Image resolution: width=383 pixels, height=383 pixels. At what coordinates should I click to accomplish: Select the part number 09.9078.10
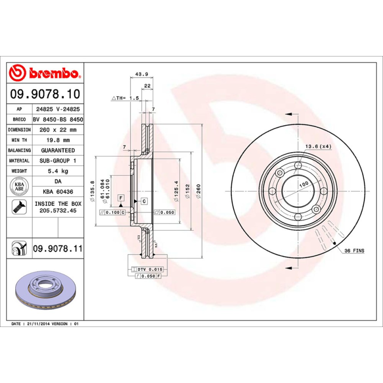coord(45,93)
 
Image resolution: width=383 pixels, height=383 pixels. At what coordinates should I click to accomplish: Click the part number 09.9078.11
coord(58,249)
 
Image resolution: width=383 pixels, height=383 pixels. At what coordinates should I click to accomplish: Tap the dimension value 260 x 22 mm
coord(57,130)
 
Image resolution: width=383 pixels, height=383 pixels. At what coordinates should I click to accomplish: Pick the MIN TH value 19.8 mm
coord(57,140)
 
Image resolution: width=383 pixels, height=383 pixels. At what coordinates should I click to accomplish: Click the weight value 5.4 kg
coord(57,171)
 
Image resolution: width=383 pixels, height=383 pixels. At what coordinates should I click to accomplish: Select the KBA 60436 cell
coord(57,191)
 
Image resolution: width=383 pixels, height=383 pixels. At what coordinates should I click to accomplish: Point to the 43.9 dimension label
coord(141,74)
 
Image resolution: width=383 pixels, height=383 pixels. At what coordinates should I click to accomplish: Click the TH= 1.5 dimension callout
coord(125,98)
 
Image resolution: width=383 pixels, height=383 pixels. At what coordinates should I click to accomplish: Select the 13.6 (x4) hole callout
coord(318,146)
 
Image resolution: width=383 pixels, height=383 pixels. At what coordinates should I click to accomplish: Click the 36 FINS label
coord(354,251)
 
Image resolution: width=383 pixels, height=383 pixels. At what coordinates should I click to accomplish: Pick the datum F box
coord(121,197)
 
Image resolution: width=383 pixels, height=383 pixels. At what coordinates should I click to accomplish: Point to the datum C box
coord(144,201)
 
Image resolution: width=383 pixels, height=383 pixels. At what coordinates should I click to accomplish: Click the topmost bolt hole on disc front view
coord(298,166)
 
